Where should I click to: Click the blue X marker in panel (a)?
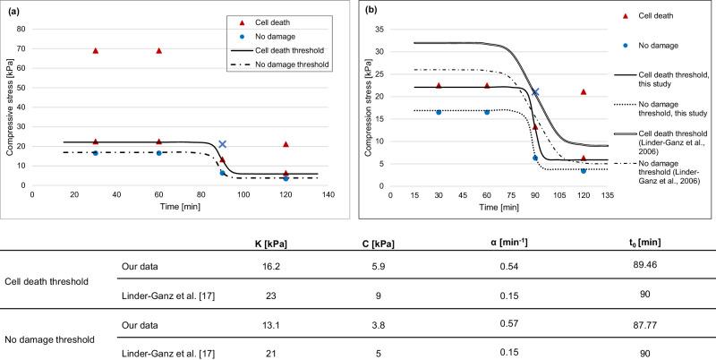coord(223,144)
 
